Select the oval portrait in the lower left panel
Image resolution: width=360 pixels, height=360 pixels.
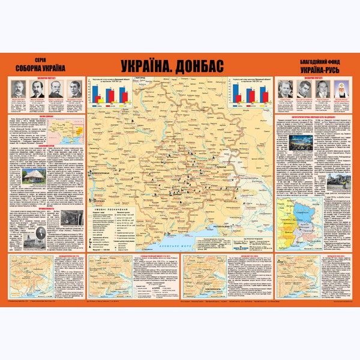coord(37,216)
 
